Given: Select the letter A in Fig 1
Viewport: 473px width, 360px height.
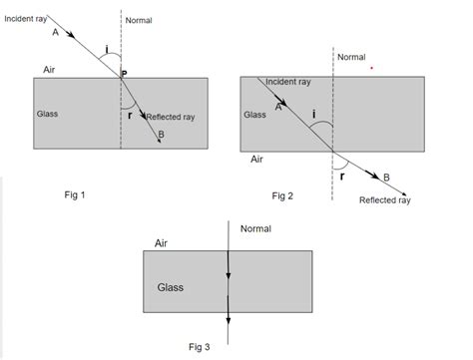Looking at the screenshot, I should [x=54, y=32].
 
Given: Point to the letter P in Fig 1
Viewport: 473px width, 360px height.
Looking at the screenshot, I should [x=125, y=74].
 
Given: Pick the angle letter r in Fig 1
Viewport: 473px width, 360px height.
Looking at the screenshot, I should [x=131, y=116].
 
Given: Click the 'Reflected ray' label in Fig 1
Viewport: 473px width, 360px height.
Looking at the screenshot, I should [x=171, y=117].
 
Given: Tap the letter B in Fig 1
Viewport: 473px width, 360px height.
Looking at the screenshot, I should [x=161, y=134].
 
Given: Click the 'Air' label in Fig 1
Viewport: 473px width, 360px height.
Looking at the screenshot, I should [x=50, y=69].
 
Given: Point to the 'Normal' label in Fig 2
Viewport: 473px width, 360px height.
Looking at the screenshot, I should [x=352, y=57].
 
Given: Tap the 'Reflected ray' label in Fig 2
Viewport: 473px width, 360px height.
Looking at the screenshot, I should [x=384, y=199].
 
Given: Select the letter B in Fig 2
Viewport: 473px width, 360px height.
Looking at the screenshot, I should [x=387, y=177].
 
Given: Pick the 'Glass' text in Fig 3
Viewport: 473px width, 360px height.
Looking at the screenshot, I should [x=173, y=287].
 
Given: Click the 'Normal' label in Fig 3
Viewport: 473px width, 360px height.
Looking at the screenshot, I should [x=256, y=228].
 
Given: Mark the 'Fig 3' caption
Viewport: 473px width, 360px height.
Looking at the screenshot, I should [x=200, y=346].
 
